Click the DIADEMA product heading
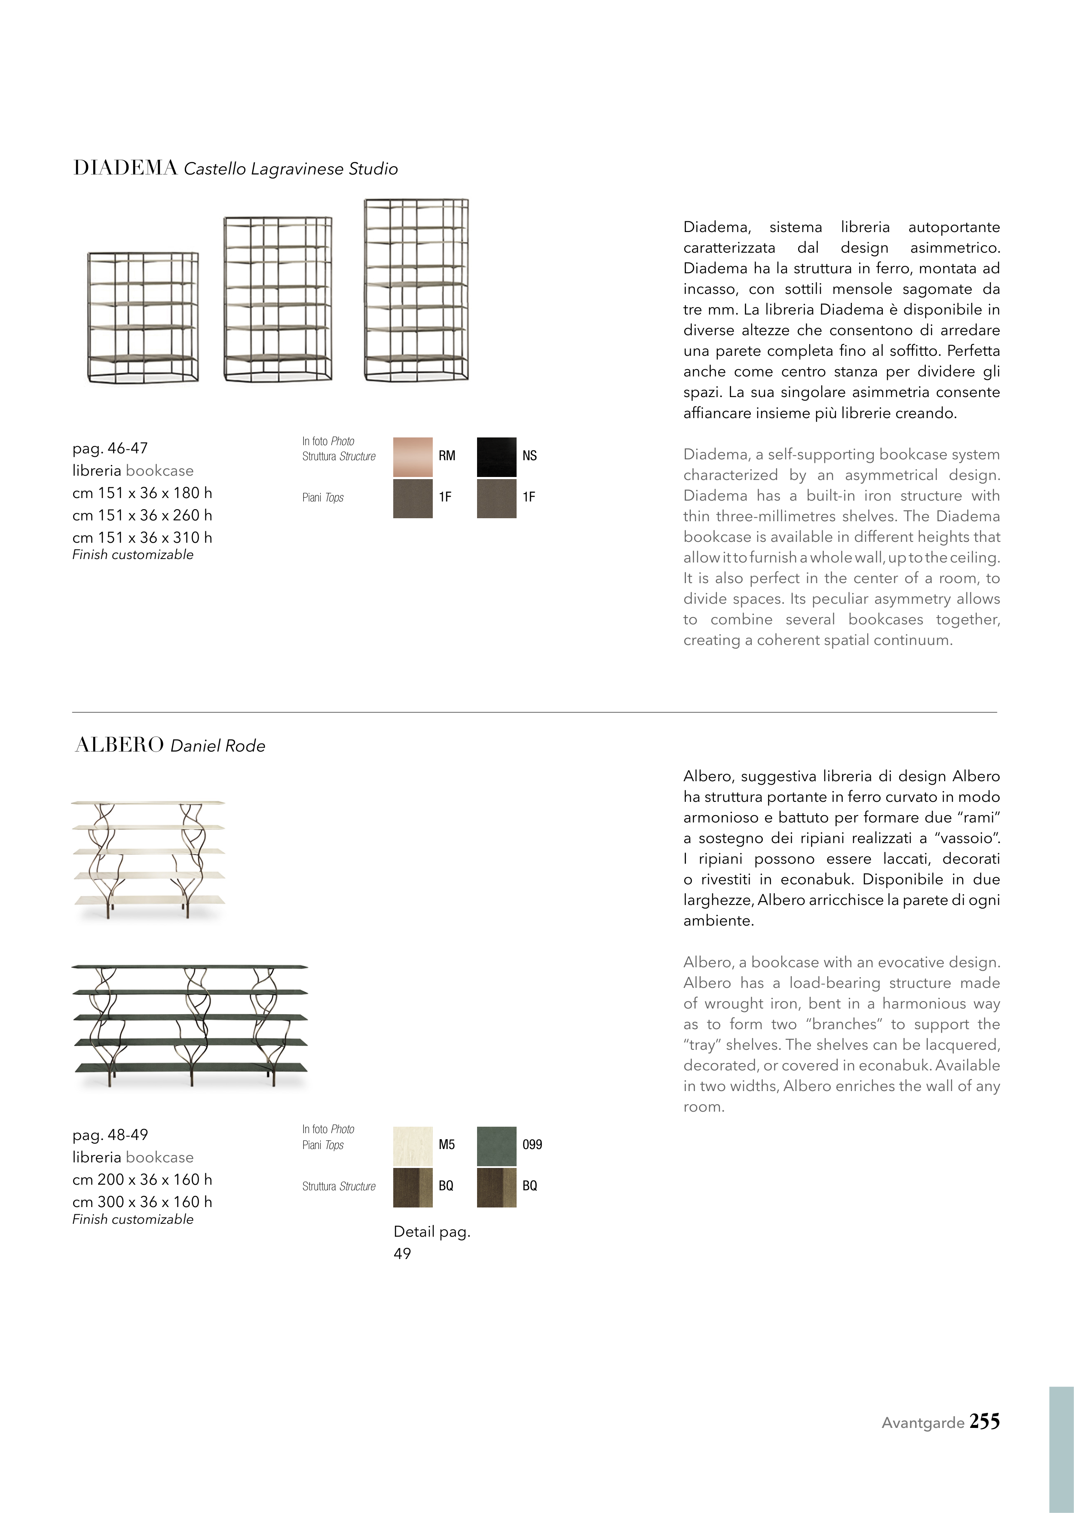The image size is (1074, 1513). [125, 168]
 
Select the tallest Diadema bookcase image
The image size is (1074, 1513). [416, 290]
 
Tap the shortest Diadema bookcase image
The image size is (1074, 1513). [143, 317]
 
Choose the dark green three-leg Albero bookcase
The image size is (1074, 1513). [190, 1026]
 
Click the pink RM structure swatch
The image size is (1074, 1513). [413, 456]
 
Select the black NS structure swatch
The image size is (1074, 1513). [496, 456]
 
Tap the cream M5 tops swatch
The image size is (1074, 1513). [413, 1146]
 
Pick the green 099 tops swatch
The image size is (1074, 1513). [496, 1146]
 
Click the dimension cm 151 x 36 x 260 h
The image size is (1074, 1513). [142, 515]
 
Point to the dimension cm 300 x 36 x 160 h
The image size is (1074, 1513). [142, 1201]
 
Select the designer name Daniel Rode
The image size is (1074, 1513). [217, 746]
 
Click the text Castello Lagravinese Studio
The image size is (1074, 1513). [291, 169]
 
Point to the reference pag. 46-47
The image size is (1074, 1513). [110, 448]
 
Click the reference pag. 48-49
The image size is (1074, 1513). [110, 1135]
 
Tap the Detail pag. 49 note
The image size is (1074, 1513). [431, 1242]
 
